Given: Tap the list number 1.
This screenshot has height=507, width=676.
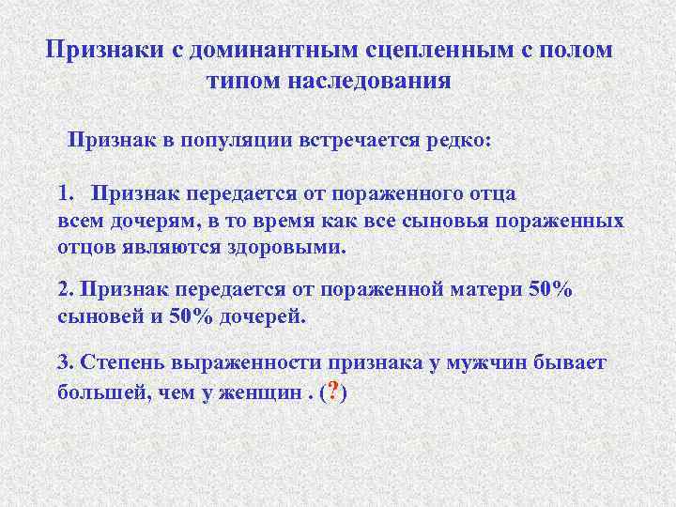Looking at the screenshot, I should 64,193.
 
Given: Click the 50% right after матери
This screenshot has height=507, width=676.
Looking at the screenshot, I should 550,290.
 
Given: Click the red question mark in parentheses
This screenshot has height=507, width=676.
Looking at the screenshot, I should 334,392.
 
